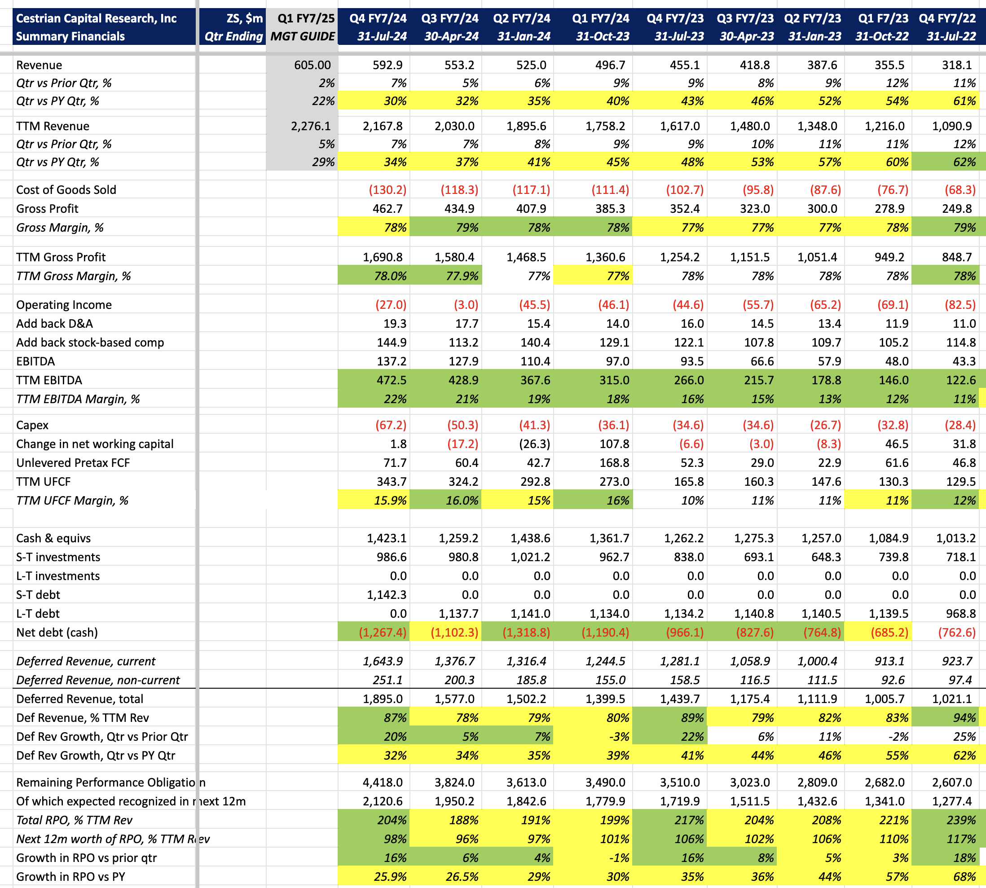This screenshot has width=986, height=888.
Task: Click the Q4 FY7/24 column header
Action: tap(378, 18)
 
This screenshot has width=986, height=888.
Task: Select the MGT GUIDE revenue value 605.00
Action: tap(312, 65)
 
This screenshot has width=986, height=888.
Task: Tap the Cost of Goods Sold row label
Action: tap(66, 190)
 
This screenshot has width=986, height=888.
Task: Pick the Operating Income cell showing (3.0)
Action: tap(466, 305)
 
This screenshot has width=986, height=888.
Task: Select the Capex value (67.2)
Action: tap(391, 425)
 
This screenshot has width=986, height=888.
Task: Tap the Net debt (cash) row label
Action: tap(57, 633)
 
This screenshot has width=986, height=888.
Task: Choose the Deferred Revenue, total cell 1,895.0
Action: tap(383, 699)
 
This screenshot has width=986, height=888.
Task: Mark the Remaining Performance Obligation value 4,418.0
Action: tap(383, 782)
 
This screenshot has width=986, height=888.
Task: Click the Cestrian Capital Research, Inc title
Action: tap(96, 18)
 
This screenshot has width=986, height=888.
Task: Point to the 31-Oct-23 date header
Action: tap(603, 37)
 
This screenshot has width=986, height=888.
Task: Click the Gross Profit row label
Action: tap(47, 209)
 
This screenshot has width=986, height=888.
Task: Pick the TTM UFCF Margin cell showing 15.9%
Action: tap(391, 501)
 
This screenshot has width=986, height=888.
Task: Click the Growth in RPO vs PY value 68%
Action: tap(964, 877)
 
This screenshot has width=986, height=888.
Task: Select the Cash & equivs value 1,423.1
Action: tap(387, 538)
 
